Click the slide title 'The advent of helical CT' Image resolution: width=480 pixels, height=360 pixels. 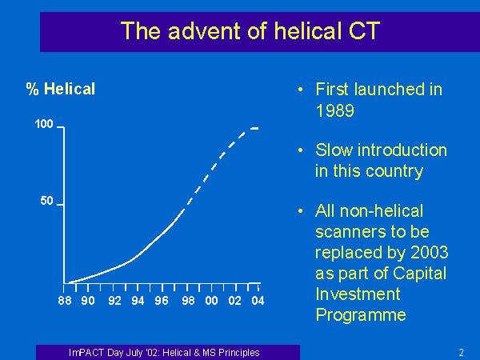[x=250, y=31]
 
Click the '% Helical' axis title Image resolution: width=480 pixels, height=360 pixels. [x=61, y=89]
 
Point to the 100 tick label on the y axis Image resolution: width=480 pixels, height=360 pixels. [x=44, y=124]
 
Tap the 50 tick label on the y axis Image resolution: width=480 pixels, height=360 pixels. [x=47, y=201]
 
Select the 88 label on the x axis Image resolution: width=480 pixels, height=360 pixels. [x=65, y=301]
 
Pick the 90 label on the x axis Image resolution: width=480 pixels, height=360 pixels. [x=88, y=301]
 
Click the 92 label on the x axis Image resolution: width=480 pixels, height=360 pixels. [x=114, y=301]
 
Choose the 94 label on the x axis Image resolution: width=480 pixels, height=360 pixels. [x=138, y=301]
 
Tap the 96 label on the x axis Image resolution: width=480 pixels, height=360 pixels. [x=162, y=301]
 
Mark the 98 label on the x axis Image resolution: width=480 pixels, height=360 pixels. [x=188, y=301]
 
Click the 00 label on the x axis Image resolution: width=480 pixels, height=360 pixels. [x=211, y=301]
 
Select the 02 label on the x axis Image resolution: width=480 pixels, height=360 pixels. [x=234, y=301]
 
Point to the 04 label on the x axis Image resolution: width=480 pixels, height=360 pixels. [x=258, y=301]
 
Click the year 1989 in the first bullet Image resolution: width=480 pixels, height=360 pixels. [x=335, y=110]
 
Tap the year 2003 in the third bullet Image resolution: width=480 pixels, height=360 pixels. [x=429, y=252]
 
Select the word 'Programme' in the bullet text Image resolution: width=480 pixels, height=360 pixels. [x=361, y=315]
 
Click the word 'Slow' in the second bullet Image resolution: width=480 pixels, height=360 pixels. [x=334, y=150]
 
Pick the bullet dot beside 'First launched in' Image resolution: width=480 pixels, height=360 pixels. [x=301, y=90]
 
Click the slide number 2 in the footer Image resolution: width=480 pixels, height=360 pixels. [x=461, y=353]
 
